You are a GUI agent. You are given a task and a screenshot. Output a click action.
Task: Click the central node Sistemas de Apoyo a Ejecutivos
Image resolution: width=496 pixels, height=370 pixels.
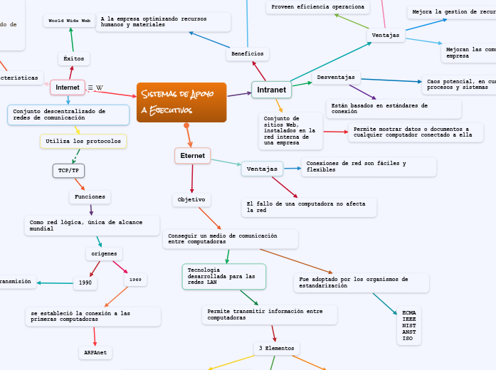pyautogui.click(x=181, y=102)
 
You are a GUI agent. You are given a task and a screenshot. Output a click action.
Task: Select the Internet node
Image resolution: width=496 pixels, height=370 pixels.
pyautogui.click(x=68, y=87)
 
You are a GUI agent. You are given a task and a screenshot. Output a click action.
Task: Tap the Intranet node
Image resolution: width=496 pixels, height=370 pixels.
pyautogui.click(x=271, y=90)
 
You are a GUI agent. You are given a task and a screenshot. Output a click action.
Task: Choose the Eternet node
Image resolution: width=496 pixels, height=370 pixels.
pyautogui.click(x=192, y=155)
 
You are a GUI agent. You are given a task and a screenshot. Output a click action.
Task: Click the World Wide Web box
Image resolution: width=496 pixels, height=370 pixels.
pyautogui.click(x=70, y=21)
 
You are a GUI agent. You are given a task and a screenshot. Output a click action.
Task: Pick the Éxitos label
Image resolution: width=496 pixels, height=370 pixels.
pyautogui.click(x=73, y=58)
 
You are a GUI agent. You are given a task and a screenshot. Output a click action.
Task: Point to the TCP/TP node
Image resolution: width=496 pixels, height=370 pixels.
pyautogui.click(x=68, y=171)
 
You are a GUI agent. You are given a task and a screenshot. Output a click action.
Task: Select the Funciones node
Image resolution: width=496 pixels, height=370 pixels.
pyautogui.click(x=90, y=196)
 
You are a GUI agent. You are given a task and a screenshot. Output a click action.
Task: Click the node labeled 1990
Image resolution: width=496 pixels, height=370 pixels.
pyautogui.click(x=85, y=283)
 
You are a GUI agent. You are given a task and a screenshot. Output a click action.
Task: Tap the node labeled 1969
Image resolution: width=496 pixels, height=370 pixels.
pyautogui.click(x=135, y=280)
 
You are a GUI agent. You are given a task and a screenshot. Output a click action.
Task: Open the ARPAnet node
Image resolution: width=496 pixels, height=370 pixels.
pyautogui.click(x=95, y=352)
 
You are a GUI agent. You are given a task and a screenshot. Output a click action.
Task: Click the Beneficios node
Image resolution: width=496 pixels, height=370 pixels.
pyautogui.click(x=247, y=53)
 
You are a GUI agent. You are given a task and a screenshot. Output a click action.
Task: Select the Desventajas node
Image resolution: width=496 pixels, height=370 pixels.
pyautogui.click(x=337, y=77)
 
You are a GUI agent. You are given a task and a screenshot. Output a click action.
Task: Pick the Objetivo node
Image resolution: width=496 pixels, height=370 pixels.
pyautogui.click(x=191, y=200)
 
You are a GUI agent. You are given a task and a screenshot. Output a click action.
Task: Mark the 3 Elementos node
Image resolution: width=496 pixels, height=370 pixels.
pyautogui.click(x=277, y=348)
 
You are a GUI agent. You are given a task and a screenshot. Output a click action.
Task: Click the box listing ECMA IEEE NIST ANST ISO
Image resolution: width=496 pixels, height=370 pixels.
pyautogui.click(x=408, y=326)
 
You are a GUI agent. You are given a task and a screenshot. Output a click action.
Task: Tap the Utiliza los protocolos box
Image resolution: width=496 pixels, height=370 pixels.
pyautogui.click(x=83, y=142)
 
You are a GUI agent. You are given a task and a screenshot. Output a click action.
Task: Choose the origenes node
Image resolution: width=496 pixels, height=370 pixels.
pyautogui.click(x=105, y=253)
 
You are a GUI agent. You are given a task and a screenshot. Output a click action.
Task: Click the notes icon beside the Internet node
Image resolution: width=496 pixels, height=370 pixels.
pyautogui.click(x=90, y=88)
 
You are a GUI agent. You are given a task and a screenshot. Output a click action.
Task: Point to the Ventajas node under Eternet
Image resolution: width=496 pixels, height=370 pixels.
pyautogui.click(x=263, y=168)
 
